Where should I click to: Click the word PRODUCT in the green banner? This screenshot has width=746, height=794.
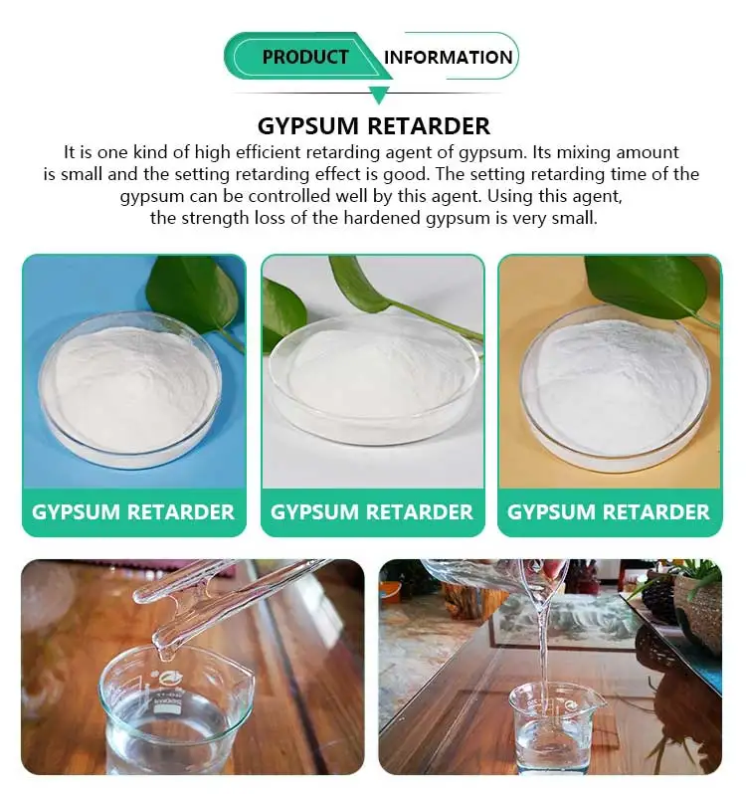pyautogui.click(x=305, y=57)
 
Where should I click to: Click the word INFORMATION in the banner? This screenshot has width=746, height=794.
pyautogui.click(x=449, y=57)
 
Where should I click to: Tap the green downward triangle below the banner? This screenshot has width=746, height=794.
pyautogui.click(x=378, y=96)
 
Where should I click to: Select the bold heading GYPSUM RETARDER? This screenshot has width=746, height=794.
pyautogui.click(x=373, y=126)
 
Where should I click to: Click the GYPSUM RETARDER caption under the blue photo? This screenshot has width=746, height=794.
pyautogui.click(x=133, y=512)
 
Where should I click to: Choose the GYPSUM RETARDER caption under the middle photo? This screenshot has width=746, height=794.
pyautogui.click(x=372, y=512)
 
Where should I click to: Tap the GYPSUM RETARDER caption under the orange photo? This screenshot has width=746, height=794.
pyautogui.click(x=609, y=512)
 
